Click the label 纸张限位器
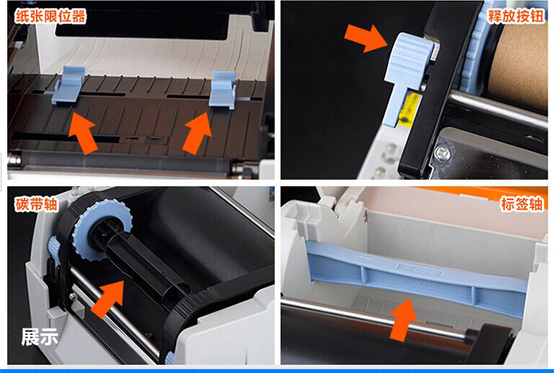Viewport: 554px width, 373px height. pyautogui.click(x=51, y=17)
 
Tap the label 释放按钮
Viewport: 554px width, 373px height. pyautogui.click(x=516, y=16)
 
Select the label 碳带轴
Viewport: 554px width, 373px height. pyautogui.click(x=36, y=204)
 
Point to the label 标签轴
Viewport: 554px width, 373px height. pyautogui.click(x=522, y=204)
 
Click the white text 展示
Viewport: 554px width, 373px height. pyautogui.click(x=40, y=337)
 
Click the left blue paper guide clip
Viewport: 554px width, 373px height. pyautogui.click(x=70, y=86)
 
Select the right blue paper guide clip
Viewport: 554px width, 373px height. pyautogui.click(x=222, y=89)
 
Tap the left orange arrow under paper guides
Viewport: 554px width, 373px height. pyautogui.click(x=82, y=133)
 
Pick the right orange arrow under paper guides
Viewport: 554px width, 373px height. pyautogui.click(x=197, y=133)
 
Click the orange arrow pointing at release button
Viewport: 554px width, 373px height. pyautogui.click(x=366, y=38)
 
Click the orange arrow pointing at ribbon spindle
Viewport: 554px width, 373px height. pyautogui.click(x=108, y=299)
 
